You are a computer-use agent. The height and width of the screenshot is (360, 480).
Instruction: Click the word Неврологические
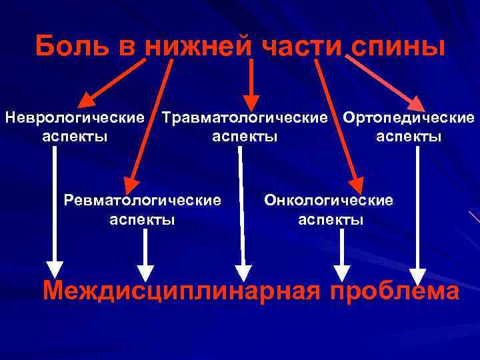(x=75, y=119)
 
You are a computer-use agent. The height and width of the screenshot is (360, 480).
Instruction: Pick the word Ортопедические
(x=409, y=119)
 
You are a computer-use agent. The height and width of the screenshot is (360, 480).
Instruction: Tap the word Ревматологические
(x=142, y=199)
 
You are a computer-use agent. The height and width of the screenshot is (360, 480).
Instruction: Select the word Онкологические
(x=329, y=199)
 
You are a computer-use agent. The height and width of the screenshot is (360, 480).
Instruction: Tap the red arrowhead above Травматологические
(x=251, y=101)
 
